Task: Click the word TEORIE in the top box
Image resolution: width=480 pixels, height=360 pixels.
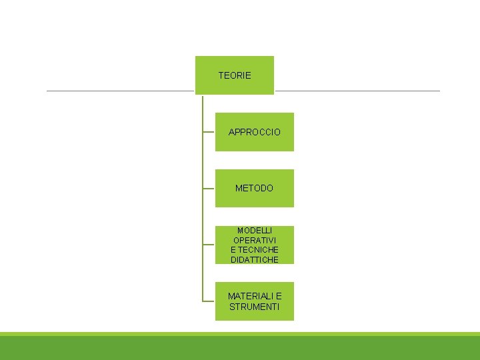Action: pyautogui.click(x=235, y=75)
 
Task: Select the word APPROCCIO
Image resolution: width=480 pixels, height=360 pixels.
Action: pyautogui.click(x=255, y=132)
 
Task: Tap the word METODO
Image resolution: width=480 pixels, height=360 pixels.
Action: pyautogui.click(x=254, y=188)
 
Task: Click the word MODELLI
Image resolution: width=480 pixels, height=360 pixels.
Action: pyautogui.click(x=255, y=230)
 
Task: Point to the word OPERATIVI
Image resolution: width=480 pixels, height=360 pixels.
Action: pyautogui.click(x=255, y=240)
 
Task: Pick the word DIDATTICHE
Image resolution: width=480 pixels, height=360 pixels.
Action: pyautogui.click(x=255, y=260)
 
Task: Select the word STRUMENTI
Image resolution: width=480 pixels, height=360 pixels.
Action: pyautogui.click(x=255, y=307)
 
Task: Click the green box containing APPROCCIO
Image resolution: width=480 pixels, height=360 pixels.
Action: pyautogui.click(x=255, y=144)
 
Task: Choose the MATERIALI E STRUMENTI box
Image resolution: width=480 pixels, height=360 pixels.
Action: pyautogui.click(x=255, y=315)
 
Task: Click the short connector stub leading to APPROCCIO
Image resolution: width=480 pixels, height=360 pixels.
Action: pyautogui.click(x=209, y=132)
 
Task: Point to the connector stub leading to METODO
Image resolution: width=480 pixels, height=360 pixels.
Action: pyautogui.click(x=209, y=188)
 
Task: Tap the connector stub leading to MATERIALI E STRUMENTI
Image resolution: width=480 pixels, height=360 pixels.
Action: pyautogui.click(x=209, y=301)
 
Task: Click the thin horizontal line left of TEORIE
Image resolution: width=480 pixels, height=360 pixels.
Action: pyautogui.click(x=120, y=91)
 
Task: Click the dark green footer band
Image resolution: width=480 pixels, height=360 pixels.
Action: pyautogui.click(x=240, y=348)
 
